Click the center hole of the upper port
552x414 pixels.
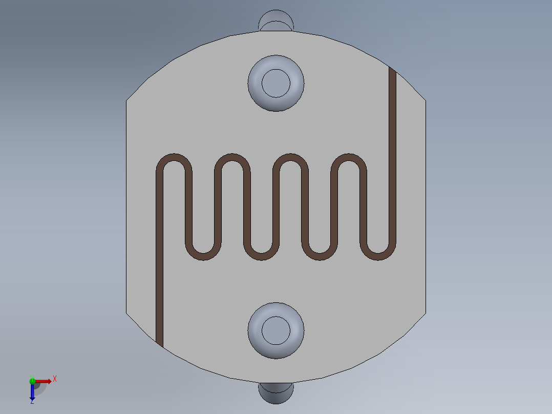pyautogui.click(x=276, y=83)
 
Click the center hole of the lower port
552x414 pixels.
pyautogui.click(x=276, y=330)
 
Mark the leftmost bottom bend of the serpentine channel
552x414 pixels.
pyautogui.click(x=203, y=256)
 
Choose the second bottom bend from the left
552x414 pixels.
pyautogui.click(x=262, y=256)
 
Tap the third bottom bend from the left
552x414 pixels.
pyautogui.click(x=321, y=256)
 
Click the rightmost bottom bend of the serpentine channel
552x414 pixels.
pyautogui.click(x=379, y=256)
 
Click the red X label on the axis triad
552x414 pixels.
pyautogui.click(x=54, y=379)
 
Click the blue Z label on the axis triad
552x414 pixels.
pyautogui.click(x=32, y=401)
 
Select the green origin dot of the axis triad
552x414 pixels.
pyautogui.click(x=32, y=381)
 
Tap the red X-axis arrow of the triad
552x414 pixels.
pyautogui.click(x=44, y=381)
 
